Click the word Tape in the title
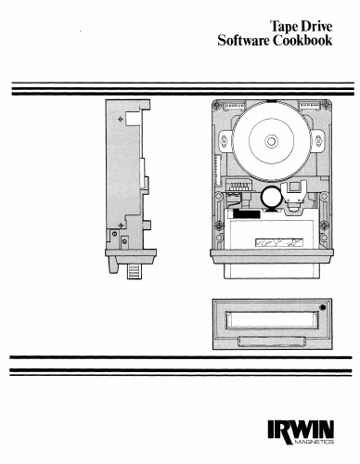(x=283, y=27)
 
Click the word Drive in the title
(x=316, y=26)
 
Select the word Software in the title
(x=243, y=41)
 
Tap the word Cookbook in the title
(x=302, y=41)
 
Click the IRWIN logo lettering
(x=301, y=430)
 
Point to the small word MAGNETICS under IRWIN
(x=314, y=442)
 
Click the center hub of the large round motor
(x=271, y=141)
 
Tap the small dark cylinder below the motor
(x=271, y=197)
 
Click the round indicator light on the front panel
(x=323, y=308)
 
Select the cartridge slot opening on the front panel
(x=272, y=319)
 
